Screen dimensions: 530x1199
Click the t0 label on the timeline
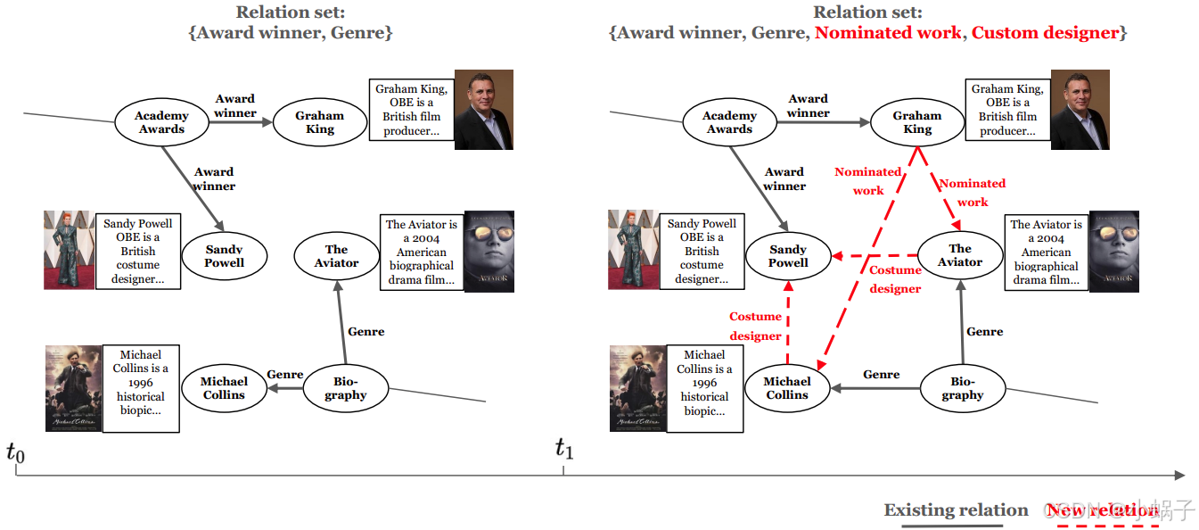coord(15,454)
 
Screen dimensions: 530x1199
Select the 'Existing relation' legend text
coord(956,510)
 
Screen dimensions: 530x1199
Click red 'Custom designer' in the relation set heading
coord(1045,33)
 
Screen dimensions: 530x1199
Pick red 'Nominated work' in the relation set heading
coord(888,33)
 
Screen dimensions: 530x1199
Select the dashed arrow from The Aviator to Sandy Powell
coord(874,256)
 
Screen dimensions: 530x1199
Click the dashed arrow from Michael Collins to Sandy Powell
coord(788,321)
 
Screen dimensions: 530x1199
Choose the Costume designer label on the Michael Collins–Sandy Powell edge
coord(755,326)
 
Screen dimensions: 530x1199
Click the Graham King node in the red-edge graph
coord(917,122)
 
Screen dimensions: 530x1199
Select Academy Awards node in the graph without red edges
coord(161,122)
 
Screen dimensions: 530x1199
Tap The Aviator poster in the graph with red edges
coord(1113,252)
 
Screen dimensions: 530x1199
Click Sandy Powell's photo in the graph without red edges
coord(69,250)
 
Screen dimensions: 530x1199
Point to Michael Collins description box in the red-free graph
coord(141,389)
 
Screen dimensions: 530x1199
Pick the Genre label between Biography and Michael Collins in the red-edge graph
coord(881,375)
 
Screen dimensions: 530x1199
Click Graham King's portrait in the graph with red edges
coord(1080,109)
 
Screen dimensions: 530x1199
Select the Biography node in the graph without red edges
coord(346,388)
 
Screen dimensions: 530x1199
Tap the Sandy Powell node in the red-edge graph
coord(788,256)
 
